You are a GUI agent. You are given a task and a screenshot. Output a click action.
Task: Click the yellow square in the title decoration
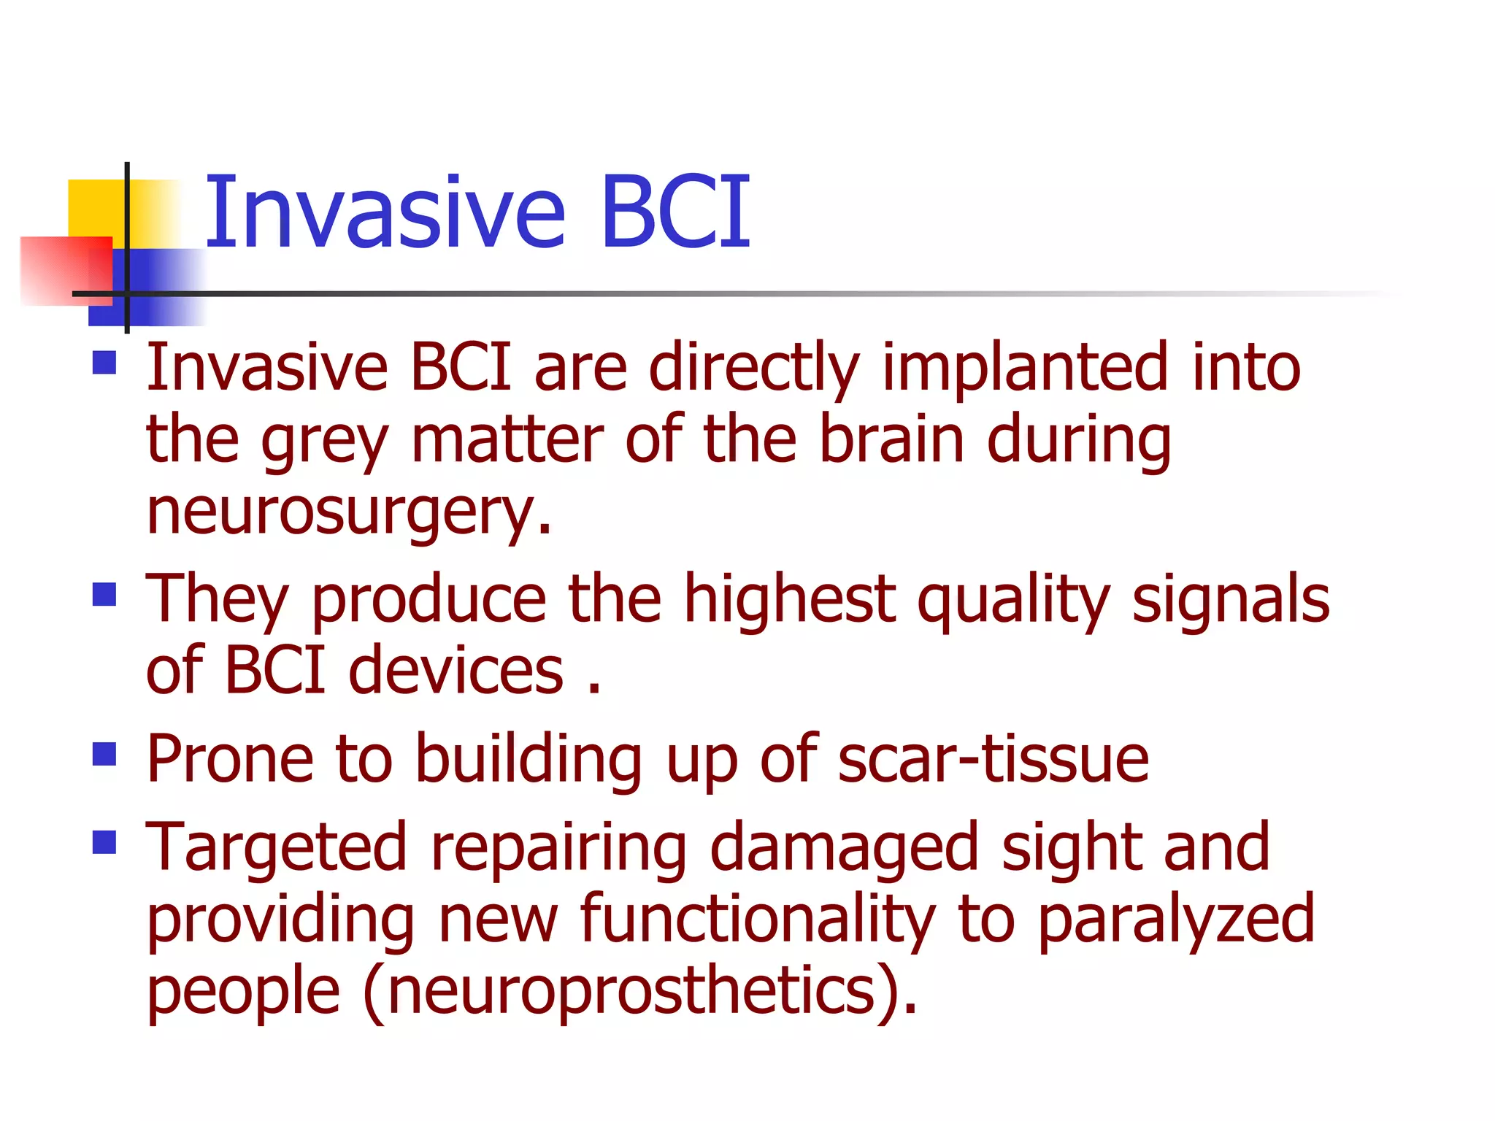95,208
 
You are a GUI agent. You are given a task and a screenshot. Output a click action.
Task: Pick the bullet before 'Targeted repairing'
105,842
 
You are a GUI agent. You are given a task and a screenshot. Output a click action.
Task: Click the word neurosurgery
349,512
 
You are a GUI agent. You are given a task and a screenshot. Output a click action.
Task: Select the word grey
324,442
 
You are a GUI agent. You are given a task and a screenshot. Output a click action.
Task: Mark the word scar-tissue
994,759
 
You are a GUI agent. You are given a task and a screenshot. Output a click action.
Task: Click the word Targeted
276,849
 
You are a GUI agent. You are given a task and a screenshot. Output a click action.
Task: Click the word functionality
757,920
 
